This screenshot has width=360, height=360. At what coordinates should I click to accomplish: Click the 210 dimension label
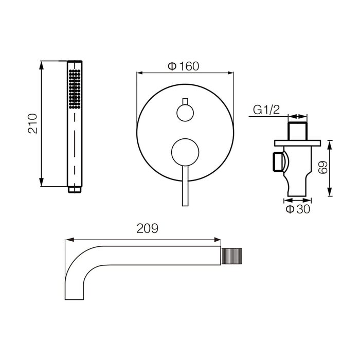[32, 123]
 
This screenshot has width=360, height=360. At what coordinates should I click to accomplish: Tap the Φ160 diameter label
[183, 66]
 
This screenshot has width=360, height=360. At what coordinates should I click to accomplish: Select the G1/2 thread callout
[266, 110]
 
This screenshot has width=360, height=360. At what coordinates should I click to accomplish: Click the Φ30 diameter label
[298, 209]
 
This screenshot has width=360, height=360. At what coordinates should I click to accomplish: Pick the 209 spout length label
[148, 228]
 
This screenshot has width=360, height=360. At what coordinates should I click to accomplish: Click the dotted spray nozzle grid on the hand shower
[75, 89]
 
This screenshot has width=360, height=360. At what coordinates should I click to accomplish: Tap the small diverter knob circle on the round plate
[185, 113]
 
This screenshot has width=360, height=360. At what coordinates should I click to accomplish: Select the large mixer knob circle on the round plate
[185, 152]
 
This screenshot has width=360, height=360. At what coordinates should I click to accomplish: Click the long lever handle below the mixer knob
[185, 186]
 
